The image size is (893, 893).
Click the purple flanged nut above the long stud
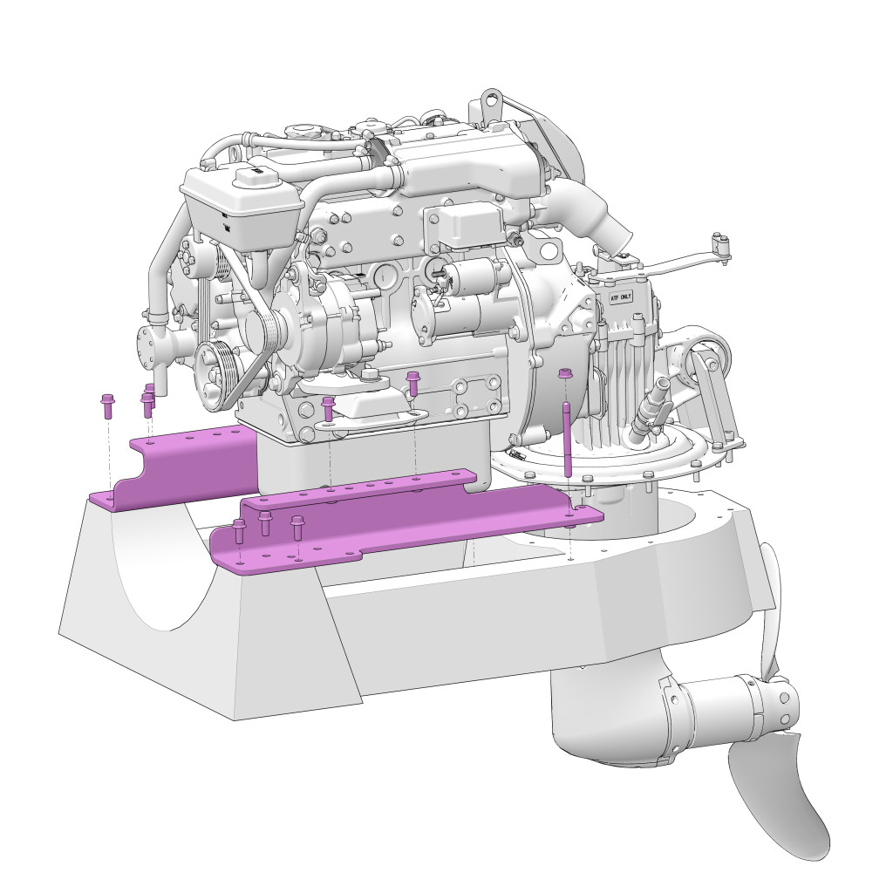click(x=565, y=375)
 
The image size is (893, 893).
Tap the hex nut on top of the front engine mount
click(x=369, y=375)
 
